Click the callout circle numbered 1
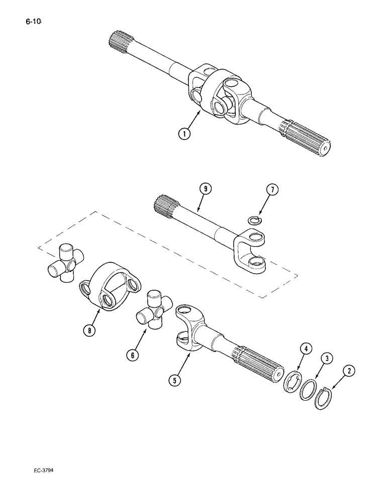(x=185, y=135)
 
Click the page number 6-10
(x=31, y=21)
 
